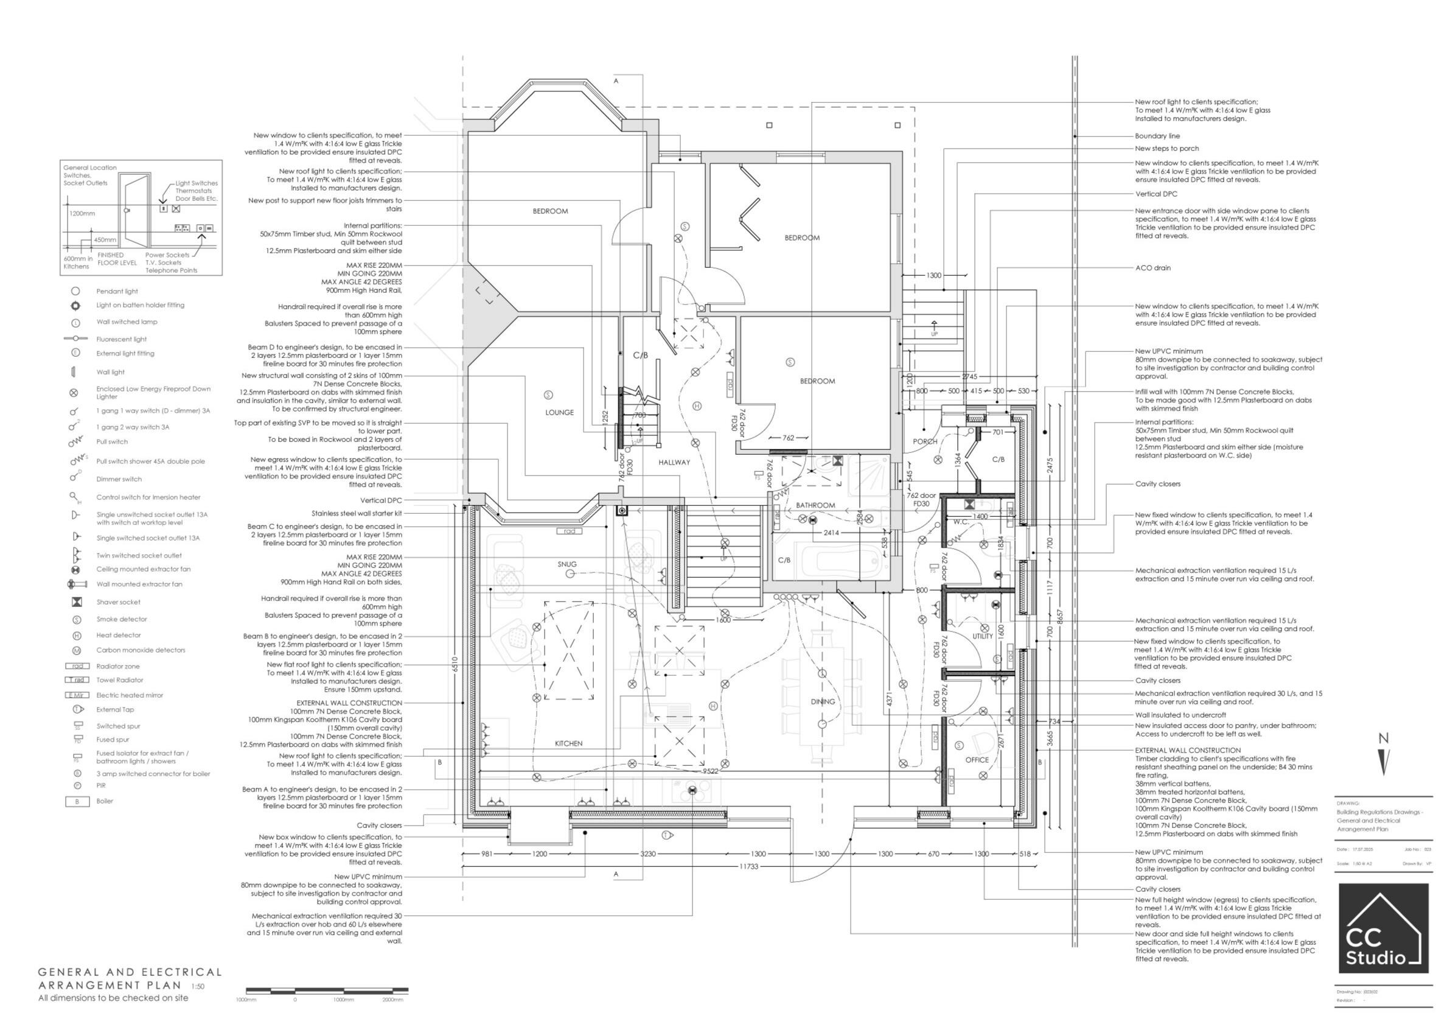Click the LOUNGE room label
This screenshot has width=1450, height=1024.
560,413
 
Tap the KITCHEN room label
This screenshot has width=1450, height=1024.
568,743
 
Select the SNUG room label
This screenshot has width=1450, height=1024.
567,564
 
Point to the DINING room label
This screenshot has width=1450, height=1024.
823,702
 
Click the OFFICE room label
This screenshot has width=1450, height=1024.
977,760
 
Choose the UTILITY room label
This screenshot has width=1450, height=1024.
983,637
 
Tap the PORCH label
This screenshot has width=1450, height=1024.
925,441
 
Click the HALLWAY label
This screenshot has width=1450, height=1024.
674,463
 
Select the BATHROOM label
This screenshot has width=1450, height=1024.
815,505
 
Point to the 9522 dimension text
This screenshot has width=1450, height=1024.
711,771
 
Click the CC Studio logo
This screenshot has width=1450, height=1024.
1383,928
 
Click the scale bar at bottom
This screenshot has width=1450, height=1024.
327,991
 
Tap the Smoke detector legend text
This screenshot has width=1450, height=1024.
121,619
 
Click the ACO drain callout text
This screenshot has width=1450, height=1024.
1152,268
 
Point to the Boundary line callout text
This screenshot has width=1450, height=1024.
1157,136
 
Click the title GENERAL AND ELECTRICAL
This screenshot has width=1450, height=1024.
130,972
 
